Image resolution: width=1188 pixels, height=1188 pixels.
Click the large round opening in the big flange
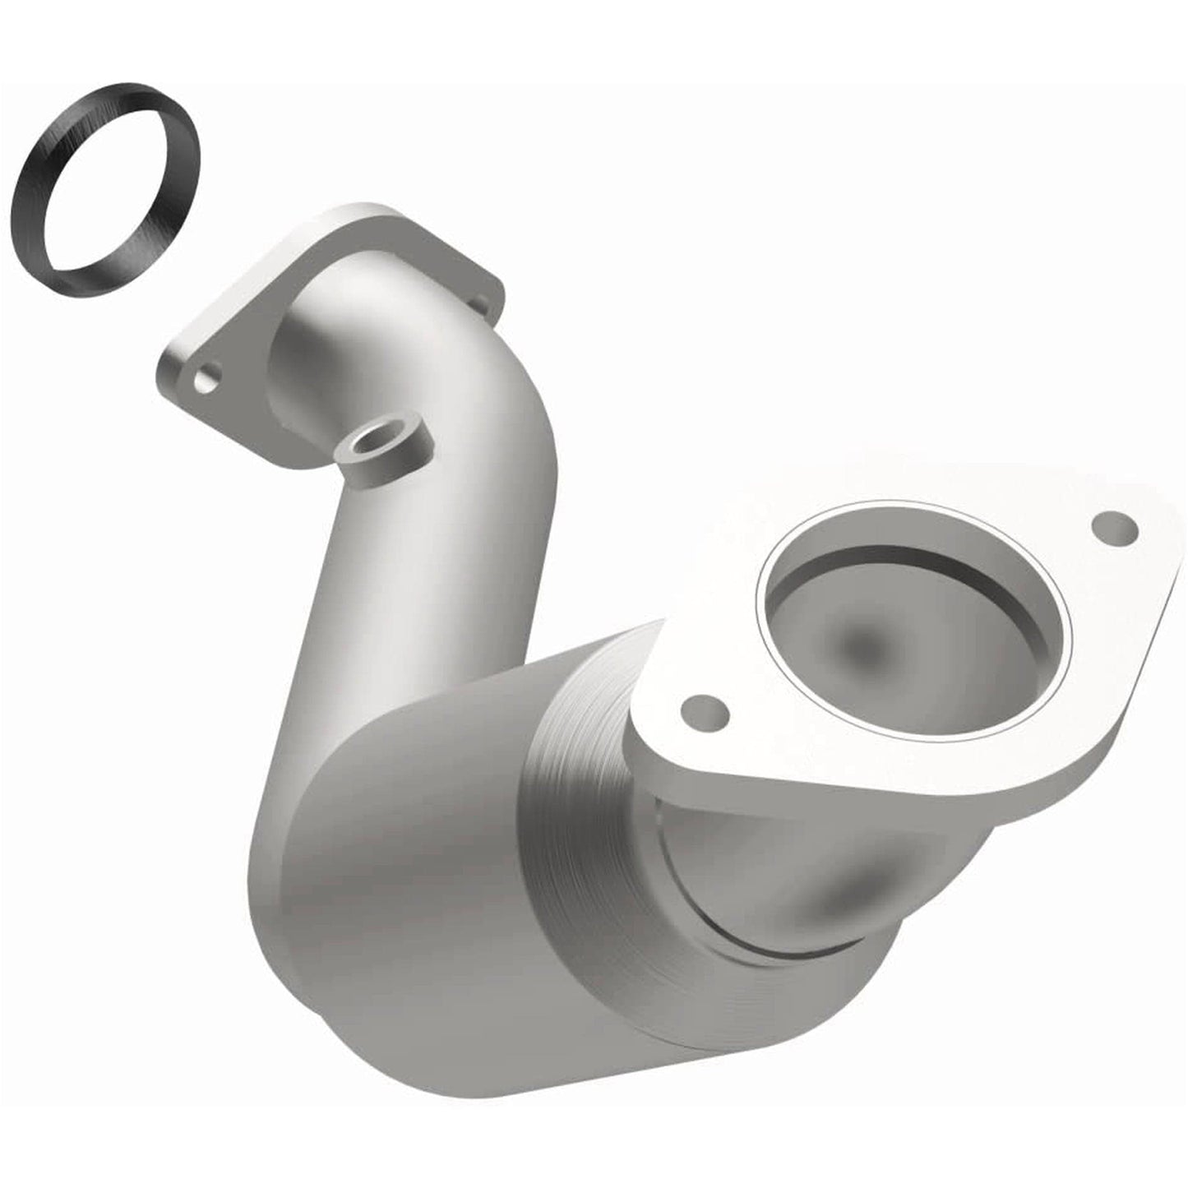[x=913, y=633]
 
